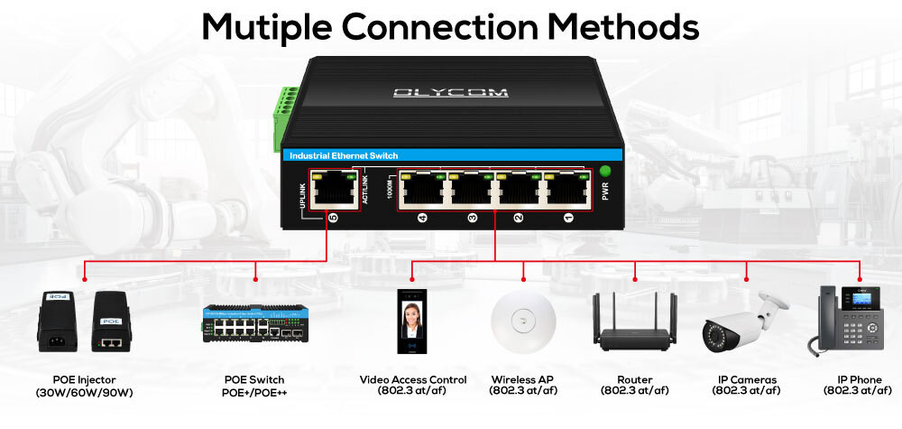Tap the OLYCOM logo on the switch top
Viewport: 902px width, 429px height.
pyautogui.click(x=451, y=92)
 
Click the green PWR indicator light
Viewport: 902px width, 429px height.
pyautogui.click(x=605, y=171)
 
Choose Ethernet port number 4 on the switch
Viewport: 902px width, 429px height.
pyautogui.click(x=421, y=188)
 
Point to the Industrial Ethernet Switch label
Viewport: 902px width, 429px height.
pyautogui.click(x=344, y=156)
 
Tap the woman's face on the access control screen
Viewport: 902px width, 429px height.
pyautogui.click(x=413, y=315)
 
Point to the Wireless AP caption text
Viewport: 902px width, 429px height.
pyautogui.click(x=523, y=379)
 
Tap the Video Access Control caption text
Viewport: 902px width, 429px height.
pyautogui.click(x=413, y=379)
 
